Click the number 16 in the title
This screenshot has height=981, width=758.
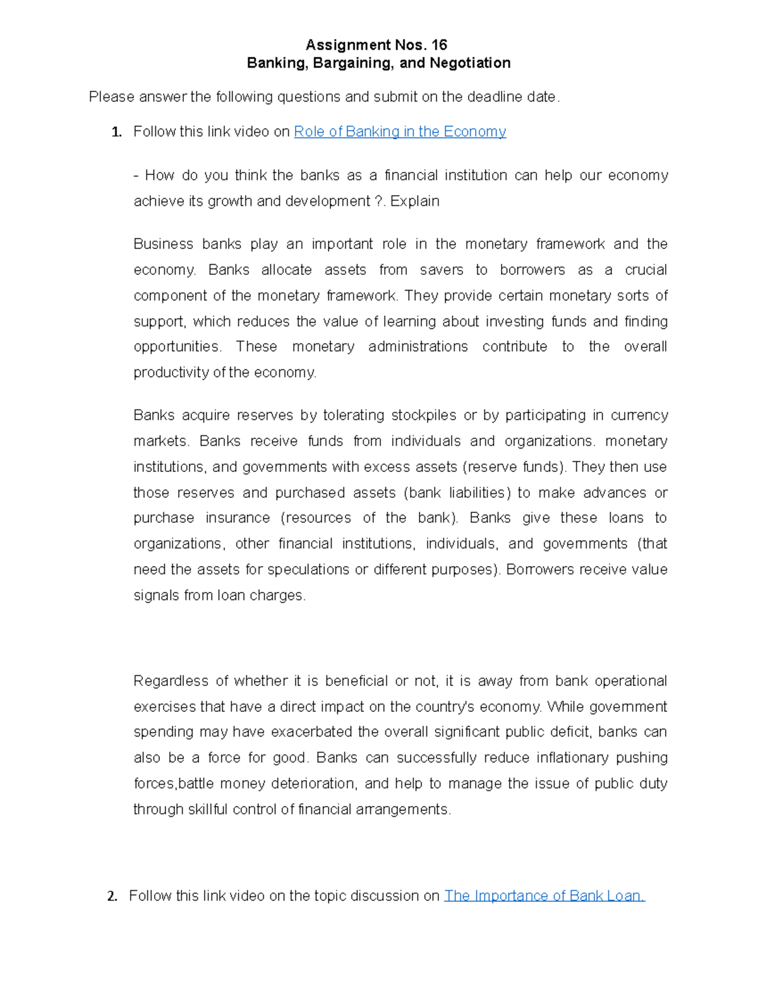click(x=439, y=45)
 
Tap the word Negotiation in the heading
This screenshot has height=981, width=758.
click(x=470, y=63)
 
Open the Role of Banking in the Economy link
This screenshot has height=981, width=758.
click(x=400, y=131)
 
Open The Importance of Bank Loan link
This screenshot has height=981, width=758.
click(x=544, y=896)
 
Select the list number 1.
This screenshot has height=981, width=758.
click(x=116, y=132)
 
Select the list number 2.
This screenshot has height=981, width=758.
click(x=112, y=896)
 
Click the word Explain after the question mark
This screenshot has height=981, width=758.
click(x=415, y=201)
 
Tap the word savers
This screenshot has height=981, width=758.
click(x=441, y=270)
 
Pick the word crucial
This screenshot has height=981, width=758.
click(x=646, y=270)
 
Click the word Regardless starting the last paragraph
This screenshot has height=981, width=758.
click(x=171, y=681)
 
